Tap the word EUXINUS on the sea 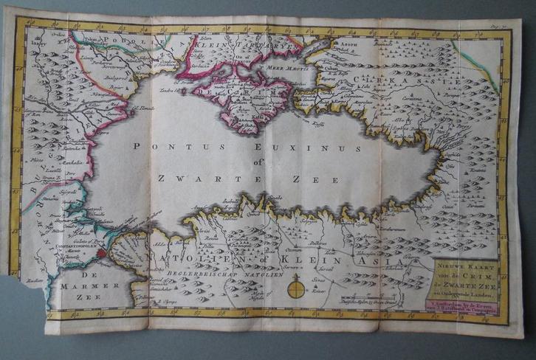click(x=310, y=148)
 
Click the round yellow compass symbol click(x=296, y=288)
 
